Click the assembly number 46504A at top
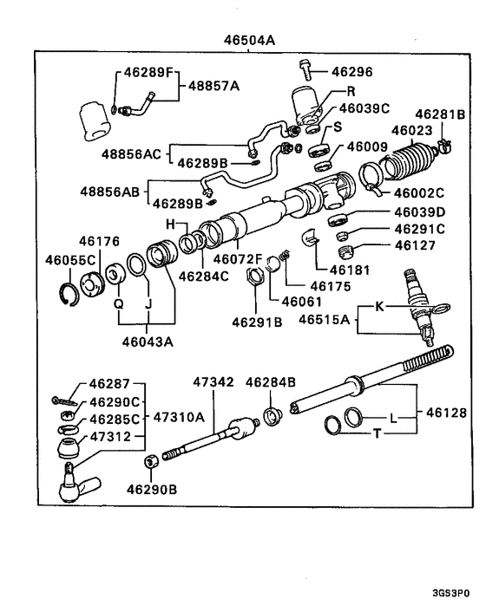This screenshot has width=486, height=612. pos(249,39)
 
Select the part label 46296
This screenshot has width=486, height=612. pos(351,74)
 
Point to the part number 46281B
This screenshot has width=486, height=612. pos(439,114)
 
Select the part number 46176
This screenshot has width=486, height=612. pos(97,241)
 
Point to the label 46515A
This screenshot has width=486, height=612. pos(324,319)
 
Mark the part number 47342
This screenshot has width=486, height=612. pos(213,381)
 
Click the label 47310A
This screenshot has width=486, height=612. pos(179,416)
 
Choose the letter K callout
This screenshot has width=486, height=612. pos(378,306)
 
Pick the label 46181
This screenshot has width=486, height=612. pos(348,270)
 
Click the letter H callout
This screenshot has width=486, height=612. pos(171,225)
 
